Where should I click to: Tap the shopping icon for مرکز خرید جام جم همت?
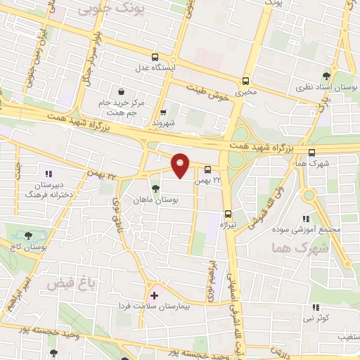[122, 91]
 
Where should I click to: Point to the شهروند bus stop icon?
[163, 111]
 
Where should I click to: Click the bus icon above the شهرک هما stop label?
[311, 153]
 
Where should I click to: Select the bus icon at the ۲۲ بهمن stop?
[208, 169]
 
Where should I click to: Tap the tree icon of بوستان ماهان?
[155, 188]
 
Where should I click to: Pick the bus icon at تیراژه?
[228, 214]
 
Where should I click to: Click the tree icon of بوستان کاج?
[28, 236]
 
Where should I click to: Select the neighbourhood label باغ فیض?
[70, 283]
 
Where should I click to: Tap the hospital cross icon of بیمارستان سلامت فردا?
[154, 296]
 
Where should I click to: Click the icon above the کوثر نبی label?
[316, 307]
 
